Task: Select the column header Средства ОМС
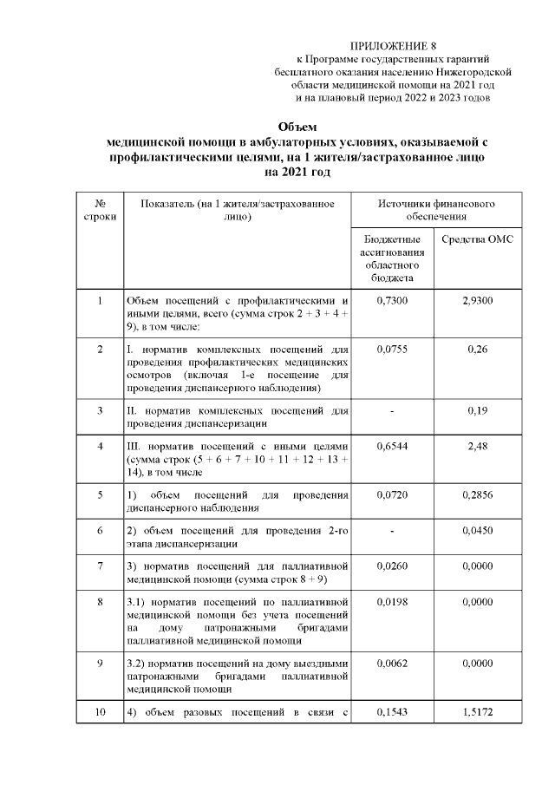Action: [477, 239]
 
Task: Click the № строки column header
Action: [100, 209]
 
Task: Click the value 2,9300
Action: [477, 300]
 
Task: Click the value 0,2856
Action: [477, 494]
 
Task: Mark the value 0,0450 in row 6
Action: [477, 531]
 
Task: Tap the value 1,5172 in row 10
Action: [477, 713]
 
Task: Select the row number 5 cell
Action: [100, 494]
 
